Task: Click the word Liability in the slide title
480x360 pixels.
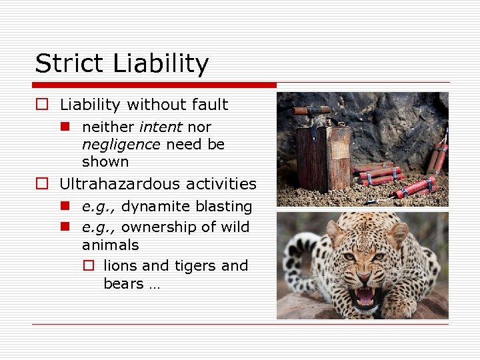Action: (x=161, y=64)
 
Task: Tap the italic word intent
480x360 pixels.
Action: (x=161, y=127)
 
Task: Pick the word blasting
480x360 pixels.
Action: (x=224, y=207)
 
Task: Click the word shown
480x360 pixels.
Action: (x=105, y=162)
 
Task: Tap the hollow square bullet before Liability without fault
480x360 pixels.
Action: (x=42, y=105)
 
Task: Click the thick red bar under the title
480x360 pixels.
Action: (x=154, y=85)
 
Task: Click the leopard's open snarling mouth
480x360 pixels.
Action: (x=365, y=295)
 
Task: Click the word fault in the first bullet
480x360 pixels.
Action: (x=212, y=105)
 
